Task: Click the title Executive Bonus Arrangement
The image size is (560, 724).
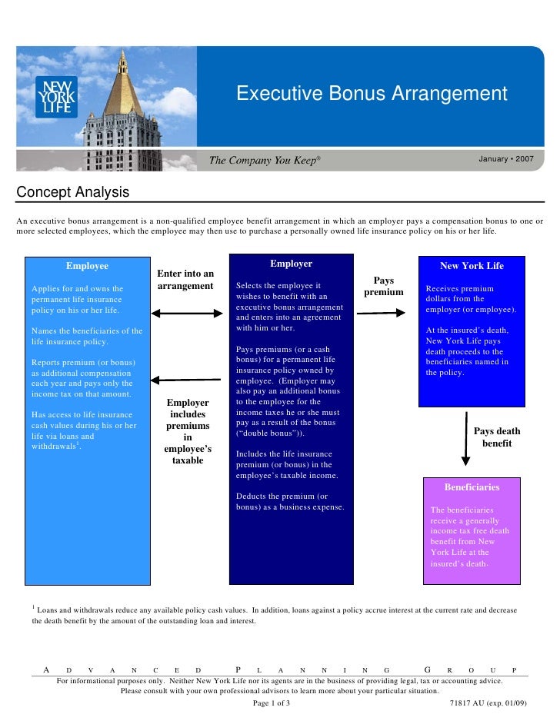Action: (372, 94)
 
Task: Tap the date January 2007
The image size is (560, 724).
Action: (505, 159)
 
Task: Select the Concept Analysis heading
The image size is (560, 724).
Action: (73, 191)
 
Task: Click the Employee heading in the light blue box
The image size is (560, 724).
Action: (87, 266)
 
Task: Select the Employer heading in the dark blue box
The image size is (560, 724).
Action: (291, 264)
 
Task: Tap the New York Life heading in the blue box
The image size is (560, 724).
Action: (472, 266)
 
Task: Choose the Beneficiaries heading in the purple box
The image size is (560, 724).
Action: (472, 487)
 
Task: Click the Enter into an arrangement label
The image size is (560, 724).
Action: (185, 280)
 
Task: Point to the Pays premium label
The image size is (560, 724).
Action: (384, 287)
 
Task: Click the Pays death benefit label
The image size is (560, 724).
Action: (497, 437)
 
